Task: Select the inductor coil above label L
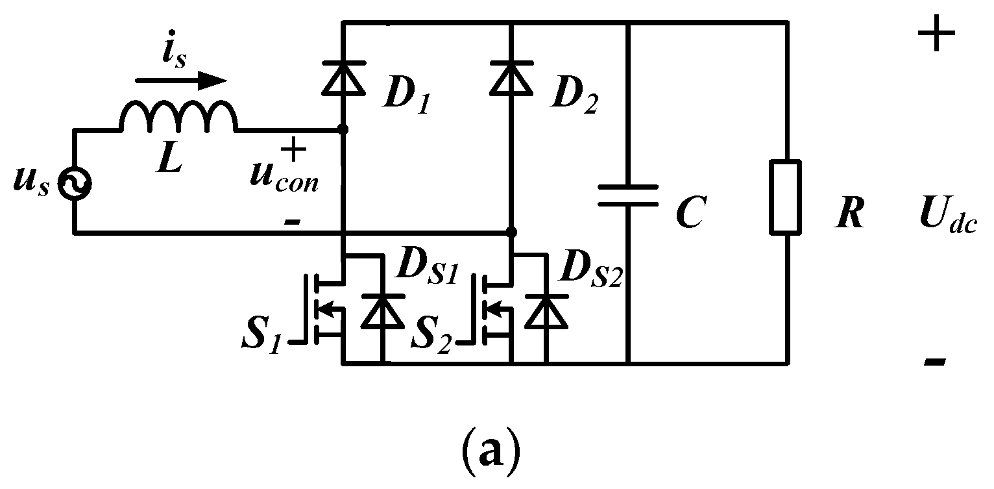(179, 118)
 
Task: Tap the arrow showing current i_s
(181, 81)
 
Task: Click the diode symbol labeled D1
(343, 76)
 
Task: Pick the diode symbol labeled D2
(511, 76)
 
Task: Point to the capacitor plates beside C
(627, 195)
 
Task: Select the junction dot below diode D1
(343, 130)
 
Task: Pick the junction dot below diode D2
(511, 231)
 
